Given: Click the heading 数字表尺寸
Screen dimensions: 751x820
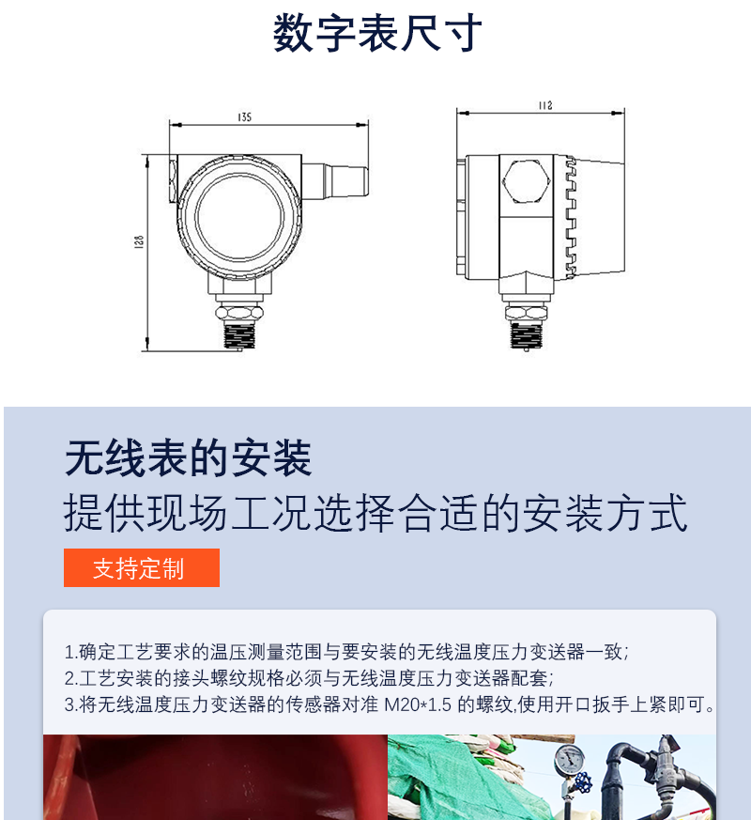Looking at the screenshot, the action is pyautogui.click(x=377, y=33).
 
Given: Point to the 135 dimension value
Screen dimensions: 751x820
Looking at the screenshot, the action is pyautogui.click(x=245, y=116).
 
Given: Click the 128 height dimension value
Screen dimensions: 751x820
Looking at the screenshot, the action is pyautogui.click(x=139, y=241).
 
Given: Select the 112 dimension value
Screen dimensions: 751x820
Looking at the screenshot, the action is pyautogui.click(x=545, y=105).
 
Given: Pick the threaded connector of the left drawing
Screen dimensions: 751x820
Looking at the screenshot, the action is pyautogui.click(x=240, y=335).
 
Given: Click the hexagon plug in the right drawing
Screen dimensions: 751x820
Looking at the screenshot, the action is pyautogui.click(x=527, y=181).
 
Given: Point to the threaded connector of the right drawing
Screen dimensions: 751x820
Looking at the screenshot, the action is pyautogui.click(x=527, y=335).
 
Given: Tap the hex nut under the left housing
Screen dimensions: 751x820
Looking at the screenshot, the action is pyautogui.click(x=239, y=313).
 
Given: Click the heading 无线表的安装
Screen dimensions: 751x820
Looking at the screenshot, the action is pyautogui.click(x=188, y=458).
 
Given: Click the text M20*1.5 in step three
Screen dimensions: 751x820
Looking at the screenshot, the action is pyautogui.click(x=418, y=704).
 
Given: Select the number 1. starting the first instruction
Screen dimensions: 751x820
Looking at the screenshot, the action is pyautogui.click(x=71, y=652).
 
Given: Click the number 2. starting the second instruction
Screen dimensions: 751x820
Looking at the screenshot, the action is pyautogui.click(x=71, y=678).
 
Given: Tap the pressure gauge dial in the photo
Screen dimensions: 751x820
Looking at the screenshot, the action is pyautogui.click(x=570, y=759).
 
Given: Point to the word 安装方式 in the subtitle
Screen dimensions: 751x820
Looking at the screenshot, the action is pyautogui.click(x=605, y=513).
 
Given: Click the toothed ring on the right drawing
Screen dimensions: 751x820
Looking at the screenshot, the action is pyautogui.click(x=571, y=217).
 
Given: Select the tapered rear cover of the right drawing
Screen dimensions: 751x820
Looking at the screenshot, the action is pyautogui.click(x=601, y=217).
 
